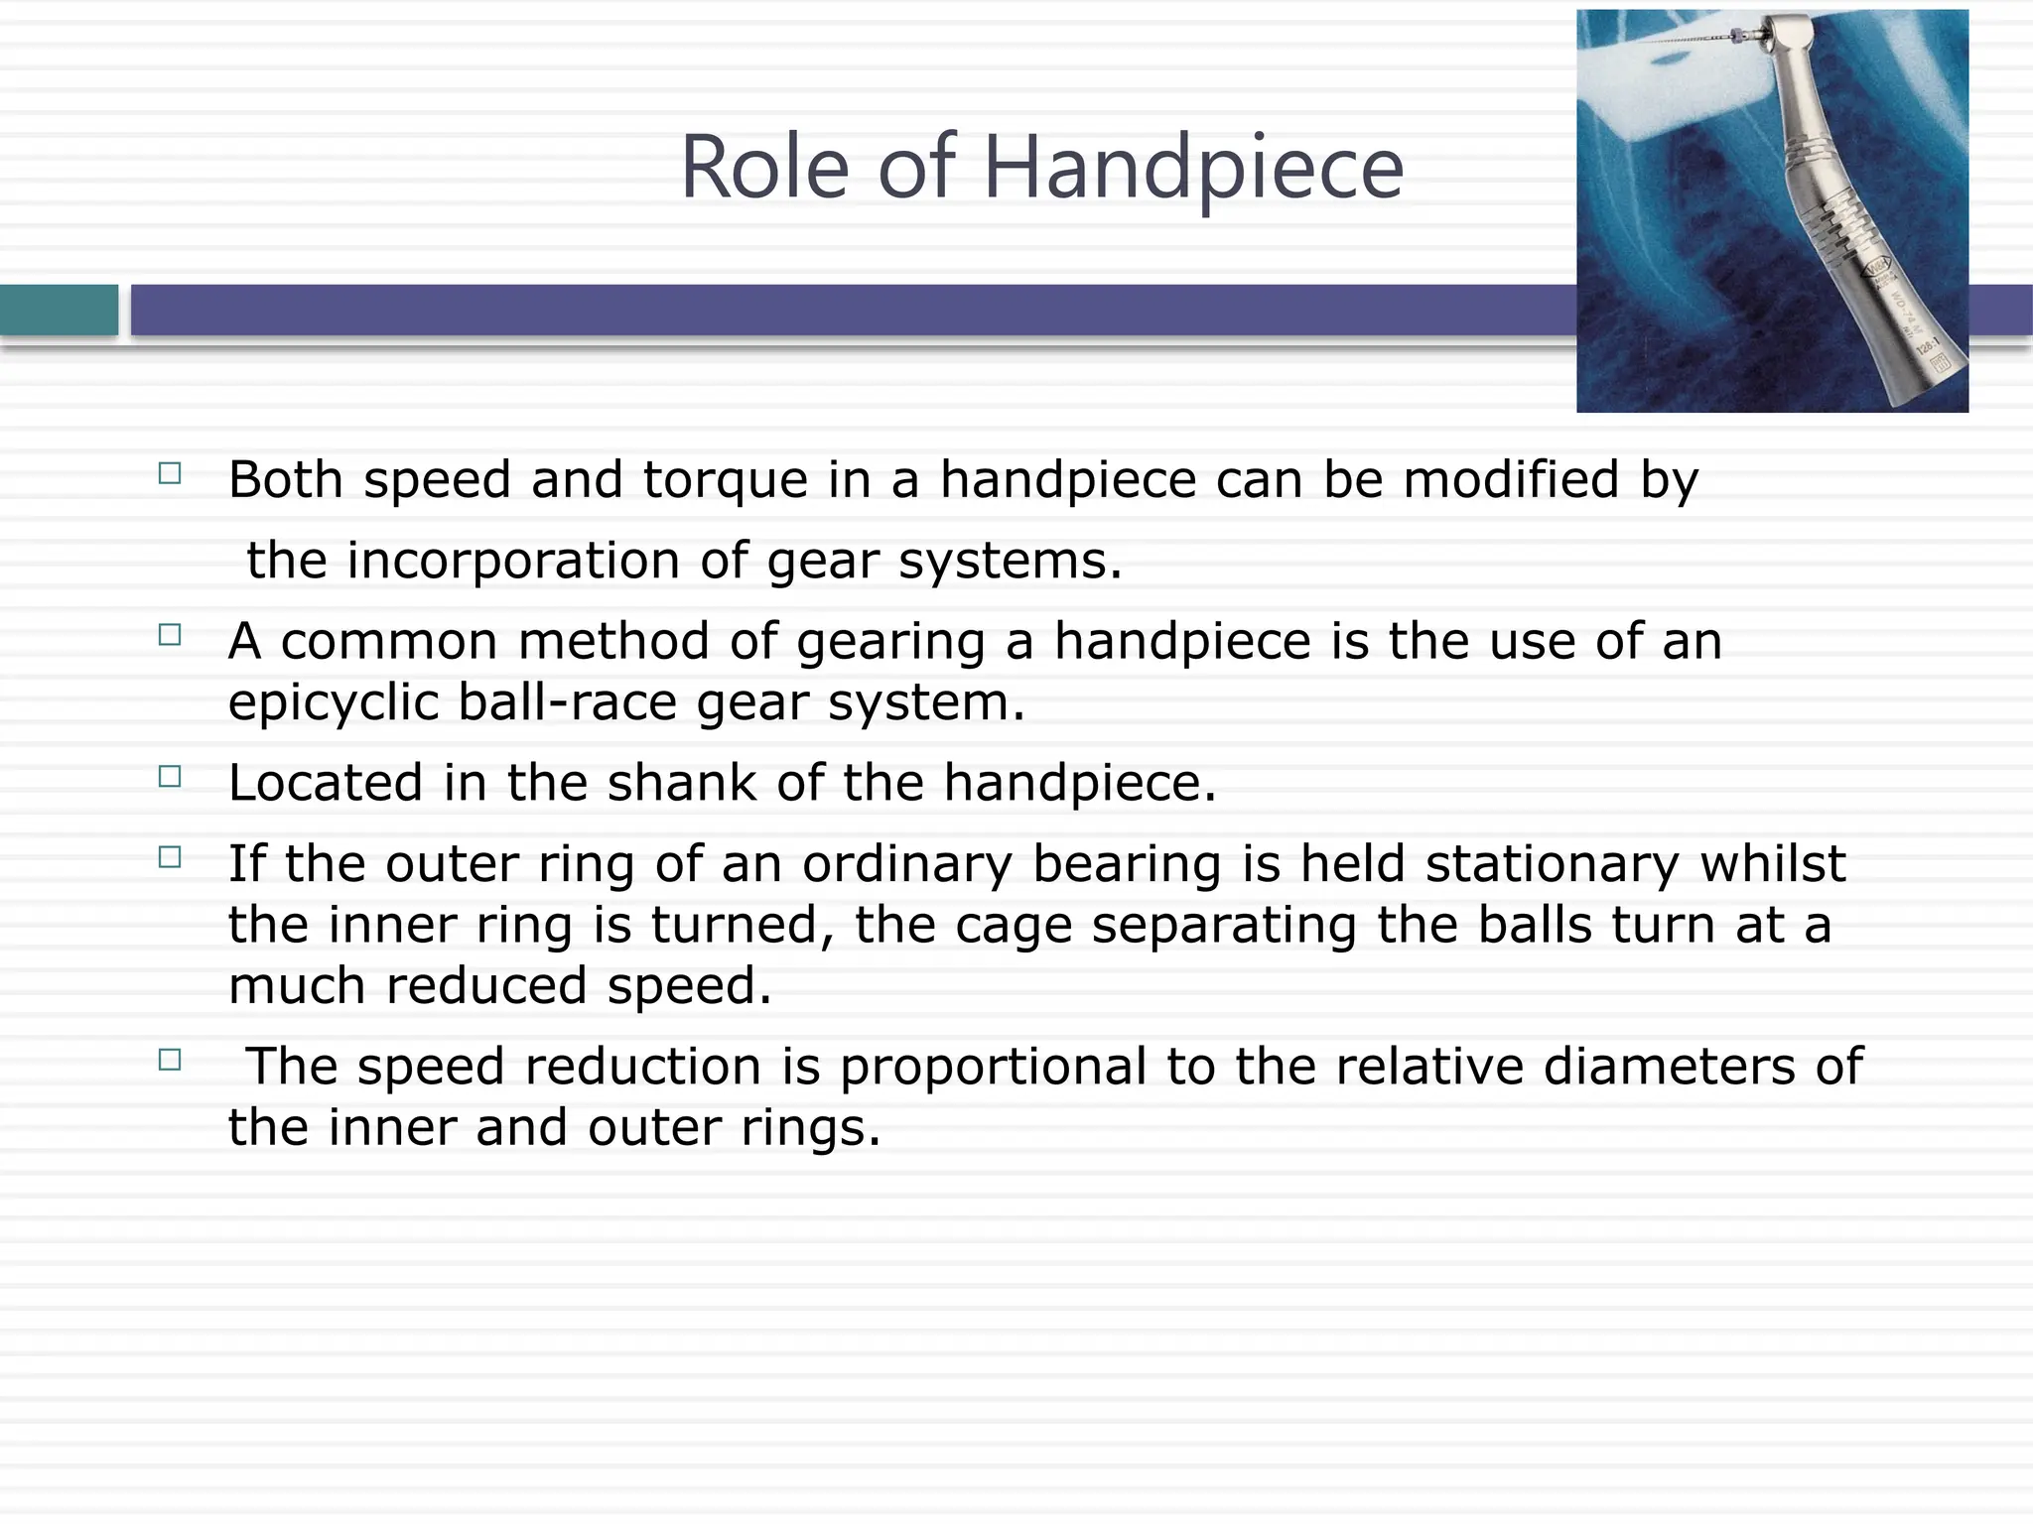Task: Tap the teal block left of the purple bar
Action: click(x=59, y=311)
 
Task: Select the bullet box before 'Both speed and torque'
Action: click(x=170, y=473)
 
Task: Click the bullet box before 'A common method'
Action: click(x=170, y=635)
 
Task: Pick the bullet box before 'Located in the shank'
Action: click(x=170, y=776)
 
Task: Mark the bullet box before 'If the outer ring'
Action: click(x=170, y=857)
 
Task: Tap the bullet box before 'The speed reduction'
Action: click(x=170, y=1060)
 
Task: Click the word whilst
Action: click(x=1773, y=863)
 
